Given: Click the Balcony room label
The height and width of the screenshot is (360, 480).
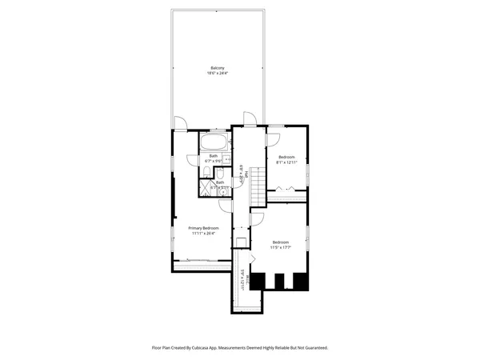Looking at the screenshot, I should pos(217,67).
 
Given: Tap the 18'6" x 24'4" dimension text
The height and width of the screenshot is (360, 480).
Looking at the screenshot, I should pos(217,74).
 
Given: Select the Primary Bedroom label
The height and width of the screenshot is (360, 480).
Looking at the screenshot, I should pos(204,228).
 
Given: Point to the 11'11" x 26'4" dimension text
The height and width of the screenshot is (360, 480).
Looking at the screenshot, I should pos(204,234).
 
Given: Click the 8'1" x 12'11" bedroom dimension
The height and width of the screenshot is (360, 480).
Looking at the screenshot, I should pos(286,162).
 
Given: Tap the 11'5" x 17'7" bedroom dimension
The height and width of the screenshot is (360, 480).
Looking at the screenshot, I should pos(280,248).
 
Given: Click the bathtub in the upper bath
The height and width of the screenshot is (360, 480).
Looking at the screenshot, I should pos(214,143).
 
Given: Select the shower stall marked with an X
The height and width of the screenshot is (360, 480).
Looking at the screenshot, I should pos(206,189).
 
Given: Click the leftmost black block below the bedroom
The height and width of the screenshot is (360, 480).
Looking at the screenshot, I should pos(258,281).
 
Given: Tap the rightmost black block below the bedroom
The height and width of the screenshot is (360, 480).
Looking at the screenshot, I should pos(300,281).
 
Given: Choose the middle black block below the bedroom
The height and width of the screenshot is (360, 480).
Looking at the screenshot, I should pos(278,281).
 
